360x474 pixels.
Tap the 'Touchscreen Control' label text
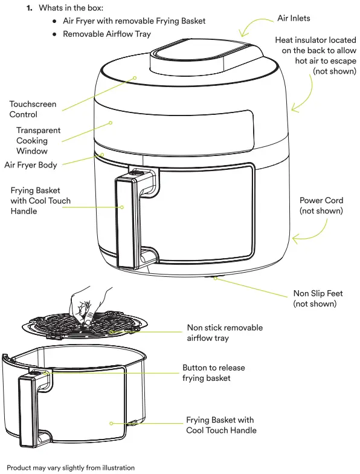[33, 109]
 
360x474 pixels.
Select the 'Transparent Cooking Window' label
[37, 140]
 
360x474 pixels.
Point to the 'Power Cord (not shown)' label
[321, 206]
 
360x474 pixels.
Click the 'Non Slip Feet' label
[318, 298]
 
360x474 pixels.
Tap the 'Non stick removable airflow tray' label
[225, 333]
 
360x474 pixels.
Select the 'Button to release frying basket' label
[214, 373]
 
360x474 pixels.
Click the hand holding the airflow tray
[91, 302]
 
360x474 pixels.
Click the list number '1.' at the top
[28, 8]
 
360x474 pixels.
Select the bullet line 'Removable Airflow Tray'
[107, 34]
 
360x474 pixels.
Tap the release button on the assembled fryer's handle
[137, 173]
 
